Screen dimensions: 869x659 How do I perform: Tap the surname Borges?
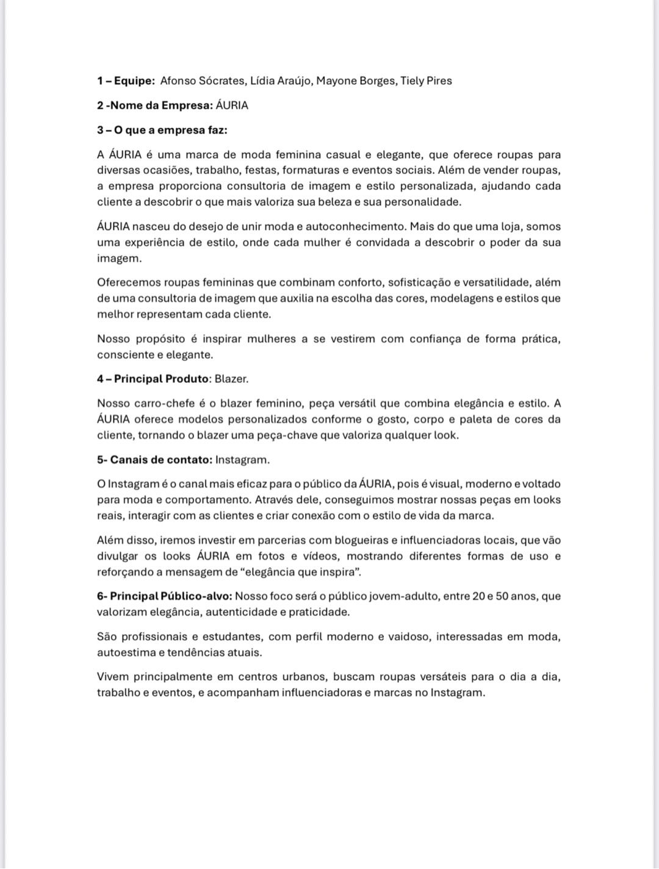377,81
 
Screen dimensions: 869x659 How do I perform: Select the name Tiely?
412,81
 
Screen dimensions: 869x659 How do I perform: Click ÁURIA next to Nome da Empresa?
232,105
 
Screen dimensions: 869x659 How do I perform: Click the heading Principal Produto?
161,379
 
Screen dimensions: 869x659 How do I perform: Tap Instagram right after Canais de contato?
242,460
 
